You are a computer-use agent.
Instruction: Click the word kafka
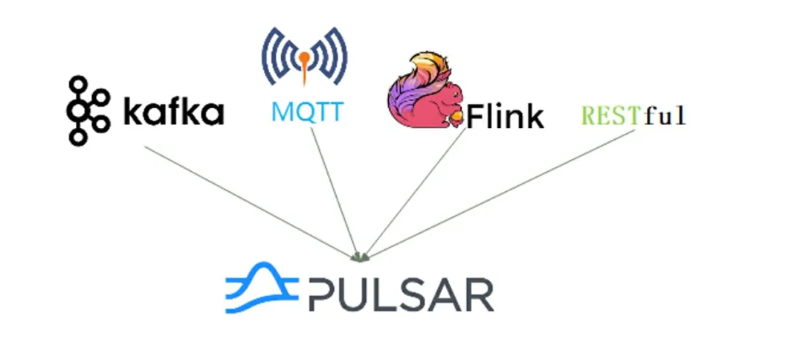(172, 112)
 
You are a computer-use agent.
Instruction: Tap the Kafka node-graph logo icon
(88, 110)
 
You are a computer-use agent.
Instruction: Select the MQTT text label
(307, 112)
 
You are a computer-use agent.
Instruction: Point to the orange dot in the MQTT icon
(304, 57)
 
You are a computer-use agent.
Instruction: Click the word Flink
(505, 116)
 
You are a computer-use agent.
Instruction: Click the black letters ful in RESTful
(665, 115)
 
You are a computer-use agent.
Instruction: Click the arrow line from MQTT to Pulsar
(335, 193)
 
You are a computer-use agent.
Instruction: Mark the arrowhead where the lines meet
(361, 257)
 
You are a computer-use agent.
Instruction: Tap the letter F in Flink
(475, 117)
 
